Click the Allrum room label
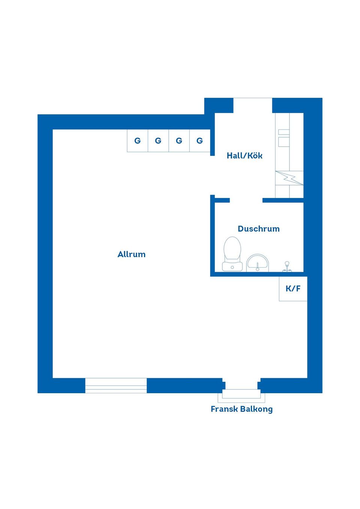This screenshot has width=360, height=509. [x=131, y=254]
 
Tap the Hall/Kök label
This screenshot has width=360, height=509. [x=244, y=156]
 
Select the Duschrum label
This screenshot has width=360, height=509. [x=259, y=229]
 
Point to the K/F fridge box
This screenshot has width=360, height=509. [x=293, y=289]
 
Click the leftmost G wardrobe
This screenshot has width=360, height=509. [x=138, y=141]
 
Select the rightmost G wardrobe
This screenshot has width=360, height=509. [x=200, y=141]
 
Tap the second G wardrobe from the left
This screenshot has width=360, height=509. [x=158, y=141]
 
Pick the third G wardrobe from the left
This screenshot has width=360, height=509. [x=179, y=141]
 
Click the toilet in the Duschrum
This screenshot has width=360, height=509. [x=232, y=254]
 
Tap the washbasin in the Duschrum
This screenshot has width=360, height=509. [x=257, y=263]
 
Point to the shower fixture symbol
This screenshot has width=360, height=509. [x=287, y=266]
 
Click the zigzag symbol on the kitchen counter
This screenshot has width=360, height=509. [x=289, y=178]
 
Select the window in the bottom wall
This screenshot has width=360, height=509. [x=116, y=386]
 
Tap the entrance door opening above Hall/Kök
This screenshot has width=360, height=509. [x=253, y=105]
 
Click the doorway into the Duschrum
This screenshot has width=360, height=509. [x=246, y=200]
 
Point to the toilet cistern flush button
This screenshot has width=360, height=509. [x=232, y=268]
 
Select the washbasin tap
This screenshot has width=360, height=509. [x=257, y=266]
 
